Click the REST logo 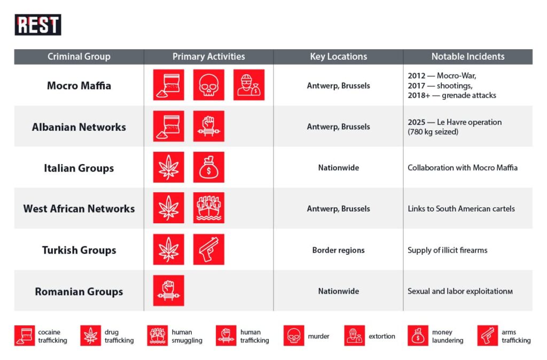tap(38, 25)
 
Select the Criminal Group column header tap(79, 57)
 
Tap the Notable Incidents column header tap(468, 57)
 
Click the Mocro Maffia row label tap(79, 85)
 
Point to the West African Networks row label tap(79, 209)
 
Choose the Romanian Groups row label tap(79, 292)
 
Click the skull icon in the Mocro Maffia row tap(208, 85)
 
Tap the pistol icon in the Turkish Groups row tap(208, 249)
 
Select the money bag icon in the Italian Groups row tap(208, 167)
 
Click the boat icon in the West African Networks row tap(208, 208)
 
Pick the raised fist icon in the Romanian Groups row tap(169, 291)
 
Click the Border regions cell tap(339, 250)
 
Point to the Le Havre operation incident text tap(455, 127)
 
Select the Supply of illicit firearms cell tap(448, 250)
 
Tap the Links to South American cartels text tap(462, 209)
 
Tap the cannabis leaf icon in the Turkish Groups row tap(169, 249)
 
